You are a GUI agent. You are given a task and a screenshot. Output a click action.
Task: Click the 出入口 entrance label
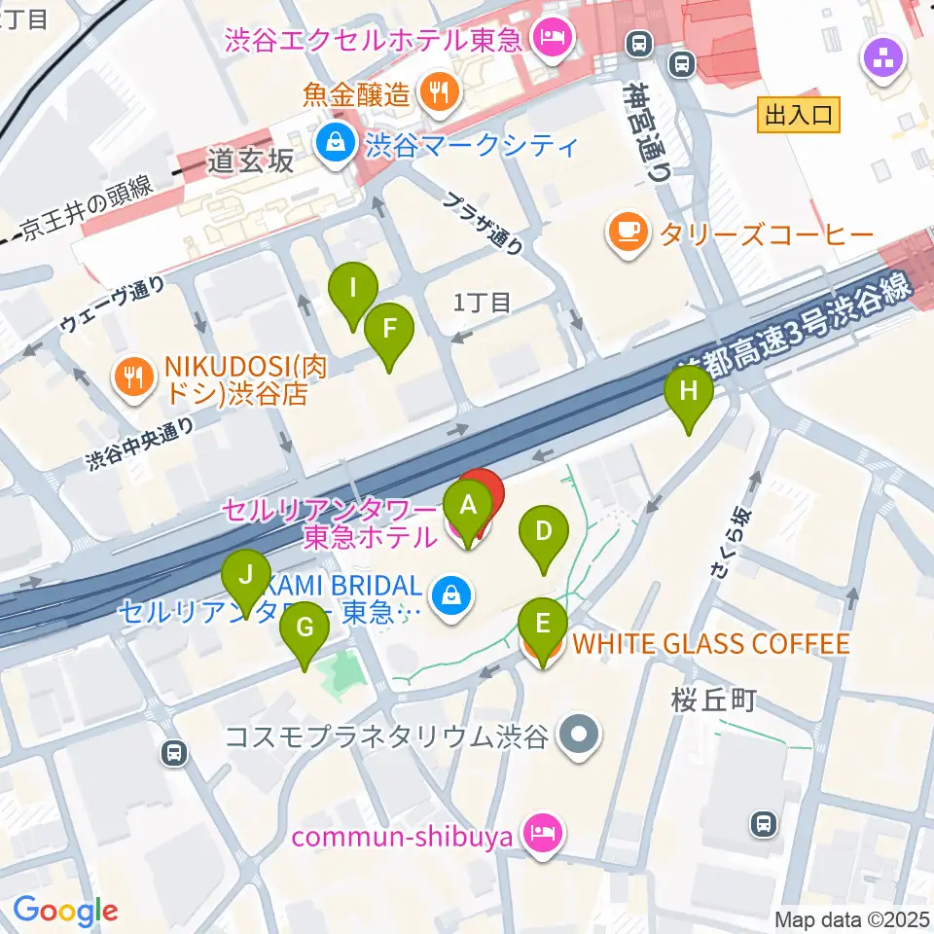click(798, 116)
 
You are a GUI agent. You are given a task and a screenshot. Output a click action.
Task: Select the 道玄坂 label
click(250, 162)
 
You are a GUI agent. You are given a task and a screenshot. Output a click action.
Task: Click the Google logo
click(65, 910)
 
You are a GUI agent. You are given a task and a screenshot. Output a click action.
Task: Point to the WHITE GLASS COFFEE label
click(709, 644)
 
